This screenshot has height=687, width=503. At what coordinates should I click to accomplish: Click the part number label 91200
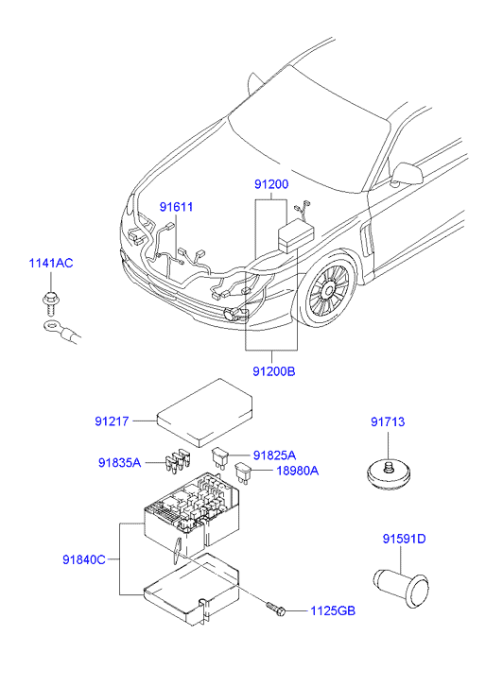pyautogui.click(x=271, y=184)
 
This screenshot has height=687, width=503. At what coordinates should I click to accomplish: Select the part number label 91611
pyautogui.click(x=176, y=207)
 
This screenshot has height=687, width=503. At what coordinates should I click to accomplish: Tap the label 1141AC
pyautogui.click(x=51, y=264)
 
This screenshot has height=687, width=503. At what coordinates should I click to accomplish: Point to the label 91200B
pyautogui.click(x=274, y=371)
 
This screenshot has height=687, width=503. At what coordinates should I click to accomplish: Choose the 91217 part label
pyautogui.click(x=112, y=421)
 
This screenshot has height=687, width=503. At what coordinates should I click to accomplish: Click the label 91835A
pyautogui.click(x=120, y=463)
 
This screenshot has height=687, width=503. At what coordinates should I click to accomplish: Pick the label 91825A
pyautogui.click(x=274, y=455)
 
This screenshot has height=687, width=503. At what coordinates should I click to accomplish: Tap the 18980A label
pyautogui.click(x=297, y=471)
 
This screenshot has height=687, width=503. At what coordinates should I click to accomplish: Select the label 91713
pyautogui.click(x=388, y=421)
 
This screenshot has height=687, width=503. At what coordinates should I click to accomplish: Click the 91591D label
pyautogui.click(x=404, y=539)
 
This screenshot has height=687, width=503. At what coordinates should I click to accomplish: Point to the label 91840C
pyautogui.click(x=84, y=560)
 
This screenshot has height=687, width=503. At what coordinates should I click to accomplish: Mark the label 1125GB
pyautogui.click(x=333, y=610)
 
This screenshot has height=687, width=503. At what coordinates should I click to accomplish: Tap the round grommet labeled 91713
pyautogui.click(x=389, y=474)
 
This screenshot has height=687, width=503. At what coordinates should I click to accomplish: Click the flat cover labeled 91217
pyautogui.click(x=205, y=413)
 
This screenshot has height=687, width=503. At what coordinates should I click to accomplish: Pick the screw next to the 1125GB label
pyautogui.click(x=276, y=609)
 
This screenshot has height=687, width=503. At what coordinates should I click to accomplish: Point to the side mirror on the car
pyautogui.click(x=407, y=174)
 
